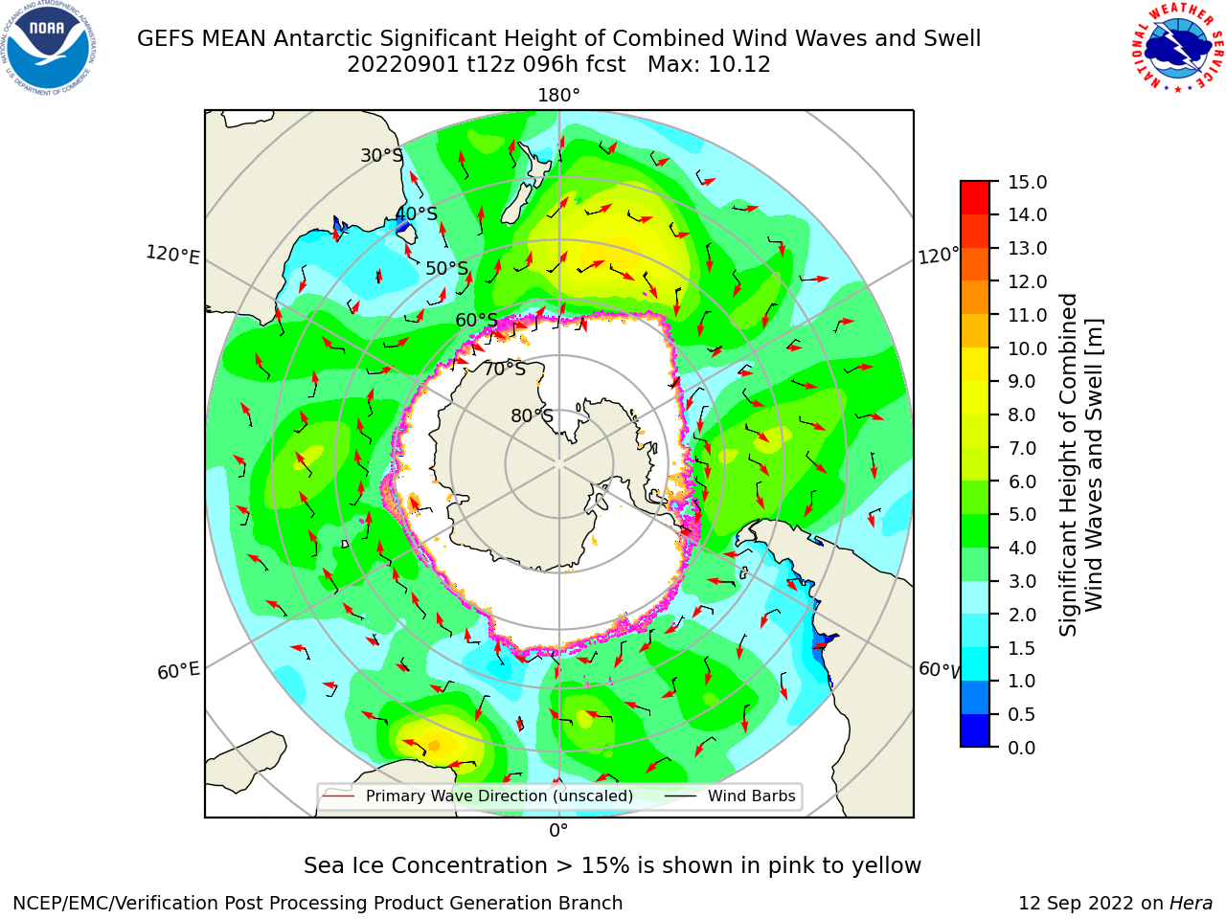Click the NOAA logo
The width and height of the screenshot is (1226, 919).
coord(48,48)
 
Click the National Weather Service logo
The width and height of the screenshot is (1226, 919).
coord(1177,47)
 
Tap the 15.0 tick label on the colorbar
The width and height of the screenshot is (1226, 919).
coord(1027,182)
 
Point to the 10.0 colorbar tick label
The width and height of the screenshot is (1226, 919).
coord(1027,348)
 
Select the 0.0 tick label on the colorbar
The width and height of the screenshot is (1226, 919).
coord(1022,748)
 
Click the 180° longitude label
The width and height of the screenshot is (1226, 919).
coord(558,96)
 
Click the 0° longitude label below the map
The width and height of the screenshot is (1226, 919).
coord(558,831)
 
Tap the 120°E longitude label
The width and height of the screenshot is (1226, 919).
coord(172,255)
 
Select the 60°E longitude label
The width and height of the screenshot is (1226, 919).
coord(178,670)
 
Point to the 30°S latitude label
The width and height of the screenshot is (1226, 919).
coord(381,155)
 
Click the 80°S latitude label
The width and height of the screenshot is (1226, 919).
coord(532,415)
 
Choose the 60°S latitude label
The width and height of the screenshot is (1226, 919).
coord(476,321)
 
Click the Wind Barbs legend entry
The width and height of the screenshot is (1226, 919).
coord(731,796)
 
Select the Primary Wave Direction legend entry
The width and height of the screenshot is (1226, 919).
coord(478,796)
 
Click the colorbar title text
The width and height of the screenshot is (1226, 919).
coord(1080,465)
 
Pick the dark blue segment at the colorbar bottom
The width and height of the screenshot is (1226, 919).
coord(975,730)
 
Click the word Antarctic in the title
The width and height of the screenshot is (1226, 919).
coord(323,39)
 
